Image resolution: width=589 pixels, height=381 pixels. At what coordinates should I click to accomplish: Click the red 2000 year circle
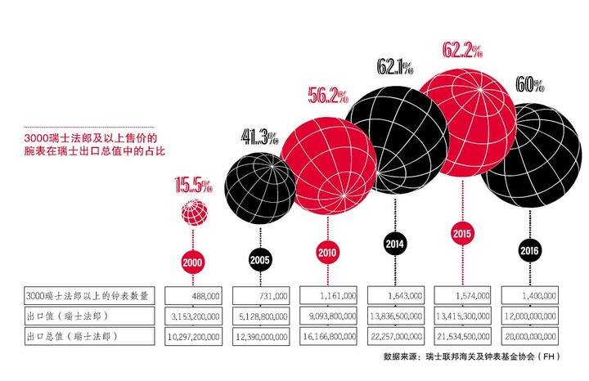(x=192, y=262)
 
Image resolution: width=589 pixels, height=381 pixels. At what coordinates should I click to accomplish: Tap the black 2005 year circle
(x=260, y=259)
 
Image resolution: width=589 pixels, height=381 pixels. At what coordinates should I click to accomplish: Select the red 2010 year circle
(x=327, y=253)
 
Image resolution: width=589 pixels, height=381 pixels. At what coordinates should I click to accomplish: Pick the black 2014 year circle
(x=394, y=244)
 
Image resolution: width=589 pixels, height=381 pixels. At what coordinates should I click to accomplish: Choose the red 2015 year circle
(x=462, y=233)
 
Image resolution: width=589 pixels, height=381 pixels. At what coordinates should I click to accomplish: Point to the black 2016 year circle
(x=529, y=250)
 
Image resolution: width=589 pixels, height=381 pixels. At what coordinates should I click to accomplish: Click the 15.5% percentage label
(x=194, y=185)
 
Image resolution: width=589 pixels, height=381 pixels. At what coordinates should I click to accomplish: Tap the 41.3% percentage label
(x=260, y=137)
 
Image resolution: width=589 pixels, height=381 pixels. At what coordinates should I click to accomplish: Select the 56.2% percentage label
(x=328, y=96)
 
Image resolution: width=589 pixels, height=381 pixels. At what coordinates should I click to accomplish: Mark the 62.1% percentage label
(x=395, y=67)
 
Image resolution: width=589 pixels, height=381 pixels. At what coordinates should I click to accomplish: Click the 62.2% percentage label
(x=462, y=50)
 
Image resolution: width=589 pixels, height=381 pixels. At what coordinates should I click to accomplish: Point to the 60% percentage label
(x=530, y=84)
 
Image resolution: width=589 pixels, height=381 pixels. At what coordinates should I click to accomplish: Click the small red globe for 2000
(x=195, y=213)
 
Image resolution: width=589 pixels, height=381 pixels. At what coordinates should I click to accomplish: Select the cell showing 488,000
(x=193, y=296)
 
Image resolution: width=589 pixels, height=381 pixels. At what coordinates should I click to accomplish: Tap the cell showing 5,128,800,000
(x=261, y=316)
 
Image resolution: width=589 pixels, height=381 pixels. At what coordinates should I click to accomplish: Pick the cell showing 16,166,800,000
(x=328, y=336)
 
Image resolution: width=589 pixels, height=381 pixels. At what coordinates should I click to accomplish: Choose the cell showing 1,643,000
(x=396, y=296)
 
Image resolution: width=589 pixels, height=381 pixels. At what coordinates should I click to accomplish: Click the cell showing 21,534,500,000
(x=463, y=336)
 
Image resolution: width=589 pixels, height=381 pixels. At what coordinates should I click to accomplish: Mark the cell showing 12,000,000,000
(x=530, y=316)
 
